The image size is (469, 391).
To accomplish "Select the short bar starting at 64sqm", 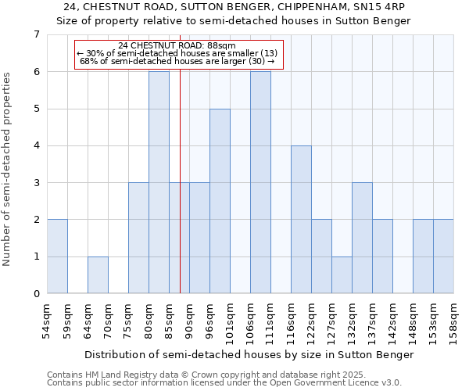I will (x=98, y=275).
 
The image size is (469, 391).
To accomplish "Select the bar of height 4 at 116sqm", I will (x=301, y=220).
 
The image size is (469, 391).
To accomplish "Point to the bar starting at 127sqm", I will (x=342, y=275).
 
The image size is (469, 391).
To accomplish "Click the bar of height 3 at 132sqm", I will (x=362, y=238).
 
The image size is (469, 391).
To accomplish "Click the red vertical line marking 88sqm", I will (x=180, y=195).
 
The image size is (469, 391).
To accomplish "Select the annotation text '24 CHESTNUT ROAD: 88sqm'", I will (x=177, y=45).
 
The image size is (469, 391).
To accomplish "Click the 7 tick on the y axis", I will (x=36, y=34).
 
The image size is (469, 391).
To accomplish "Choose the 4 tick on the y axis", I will (x=36, y=145).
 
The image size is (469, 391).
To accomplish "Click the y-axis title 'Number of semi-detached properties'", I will (x=8, y=169).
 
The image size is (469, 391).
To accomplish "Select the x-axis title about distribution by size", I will (x=249, y=354).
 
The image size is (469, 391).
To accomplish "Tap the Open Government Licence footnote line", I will (x=224, y=383).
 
